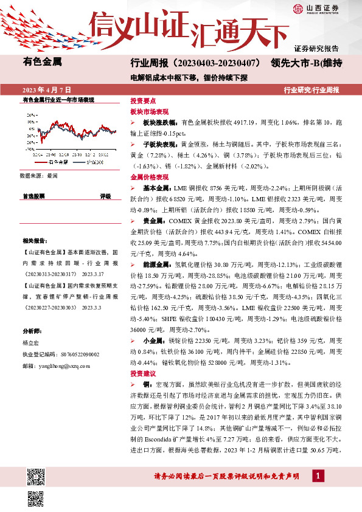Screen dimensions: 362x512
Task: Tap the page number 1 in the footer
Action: pyautogui.click(x=319, y=475)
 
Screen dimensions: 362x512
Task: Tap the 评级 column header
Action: pyautogui.click(x=105, y=196)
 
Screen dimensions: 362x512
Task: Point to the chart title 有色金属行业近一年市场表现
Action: pyautogui.click(x=58, y=99)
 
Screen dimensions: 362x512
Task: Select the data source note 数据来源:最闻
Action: pyautogui.click(x=38, y=175)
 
